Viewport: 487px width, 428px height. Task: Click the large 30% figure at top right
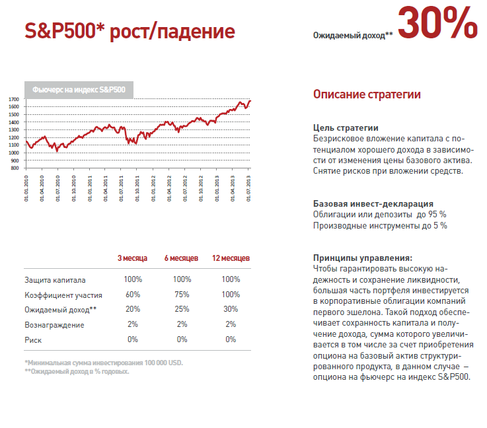[437, 23]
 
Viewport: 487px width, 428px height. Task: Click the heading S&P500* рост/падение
[130, 31]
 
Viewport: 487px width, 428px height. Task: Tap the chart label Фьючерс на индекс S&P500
[79, 89]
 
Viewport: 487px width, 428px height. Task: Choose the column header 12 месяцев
[231, 258]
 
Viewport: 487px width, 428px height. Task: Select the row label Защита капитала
[55, 280]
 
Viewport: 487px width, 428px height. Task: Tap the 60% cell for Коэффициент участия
[132, 295]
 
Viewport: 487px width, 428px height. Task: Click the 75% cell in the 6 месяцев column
[182, 295]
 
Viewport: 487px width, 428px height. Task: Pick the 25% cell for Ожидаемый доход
[182, 309]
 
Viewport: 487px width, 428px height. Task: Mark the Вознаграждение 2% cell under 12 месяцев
[231, 324]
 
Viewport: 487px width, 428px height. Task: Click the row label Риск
[34, 339]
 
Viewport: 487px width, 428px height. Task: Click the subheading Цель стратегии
[345, 128]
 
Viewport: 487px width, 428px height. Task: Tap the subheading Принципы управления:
[362, 258]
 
